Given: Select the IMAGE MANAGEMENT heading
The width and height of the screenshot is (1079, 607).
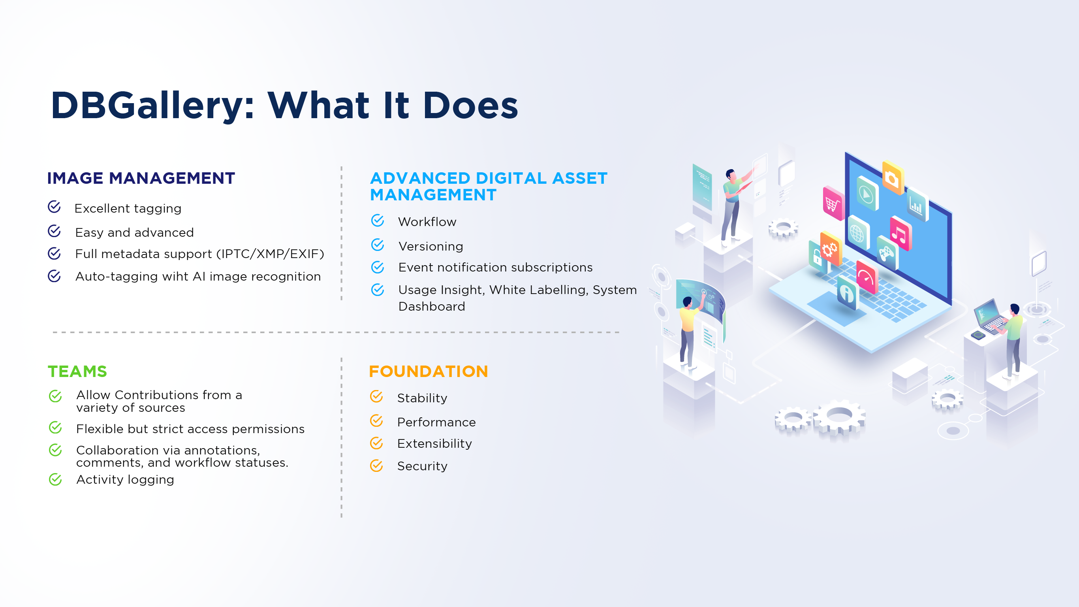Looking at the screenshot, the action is tap(141, 178).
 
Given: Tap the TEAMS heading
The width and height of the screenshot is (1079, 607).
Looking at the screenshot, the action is tap(77, 371).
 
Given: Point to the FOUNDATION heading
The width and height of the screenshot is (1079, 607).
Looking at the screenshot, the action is tap(429, 371).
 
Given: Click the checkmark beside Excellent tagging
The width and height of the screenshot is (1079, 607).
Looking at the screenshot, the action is tap(55, 207).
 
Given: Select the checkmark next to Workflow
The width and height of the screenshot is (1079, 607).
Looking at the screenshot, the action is tap(378, 220).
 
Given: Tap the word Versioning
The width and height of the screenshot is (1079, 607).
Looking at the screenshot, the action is tap(430, 247).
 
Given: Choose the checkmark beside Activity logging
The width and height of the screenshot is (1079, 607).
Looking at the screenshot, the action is tap(55, 479).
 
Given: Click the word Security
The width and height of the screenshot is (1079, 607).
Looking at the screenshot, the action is tap(422, 466).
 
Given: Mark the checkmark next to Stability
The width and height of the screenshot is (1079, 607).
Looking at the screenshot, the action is tap(376, 396).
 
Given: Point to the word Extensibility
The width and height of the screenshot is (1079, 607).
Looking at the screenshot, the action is tap(434, 443).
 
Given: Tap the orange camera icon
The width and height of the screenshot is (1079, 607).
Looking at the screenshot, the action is tap(893, 178).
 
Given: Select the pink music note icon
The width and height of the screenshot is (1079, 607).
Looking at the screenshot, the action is tap(900, 234).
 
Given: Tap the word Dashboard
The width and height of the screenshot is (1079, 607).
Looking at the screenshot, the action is tap(431, 306).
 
